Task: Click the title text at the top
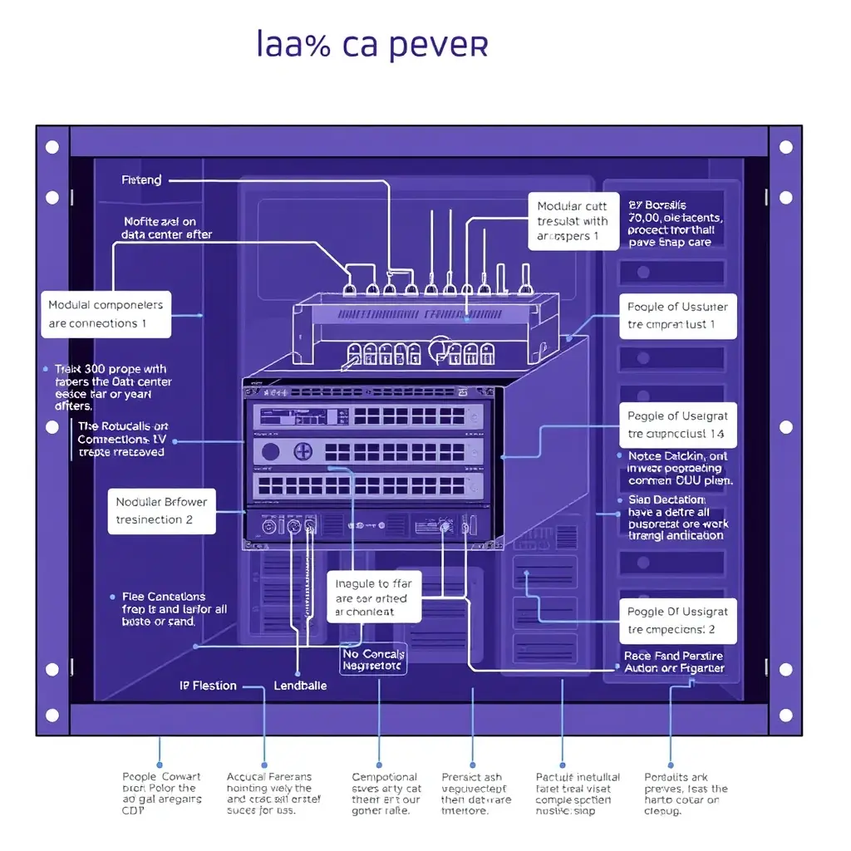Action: (x=371, y=45)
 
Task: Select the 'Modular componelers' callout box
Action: (x=106, y=314)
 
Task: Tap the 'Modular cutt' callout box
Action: (x=573, y=221)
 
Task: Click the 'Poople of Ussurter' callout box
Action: (x=677, y=316)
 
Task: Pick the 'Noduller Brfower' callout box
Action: (x=162, y=510)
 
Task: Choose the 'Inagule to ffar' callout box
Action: (x=373, y=598)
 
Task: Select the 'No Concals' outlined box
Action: (x=374, y=659)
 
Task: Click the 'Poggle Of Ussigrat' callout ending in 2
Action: (x=677, y=620)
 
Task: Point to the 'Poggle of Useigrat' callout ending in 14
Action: (x=677, y=425)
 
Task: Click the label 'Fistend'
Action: (x=141, y=180)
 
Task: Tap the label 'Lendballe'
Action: (x=300, y=686)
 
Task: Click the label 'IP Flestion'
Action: (x=209, y=686)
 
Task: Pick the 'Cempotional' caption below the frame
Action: (x=386, y=794)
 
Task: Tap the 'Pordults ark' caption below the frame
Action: (x=686, y=794)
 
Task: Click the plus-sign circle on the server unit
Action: (x=303, y=452)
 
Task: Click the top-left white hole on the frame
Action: (x=52, y=147)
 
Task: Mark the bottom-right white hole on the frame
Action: (x=785, y=715)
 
